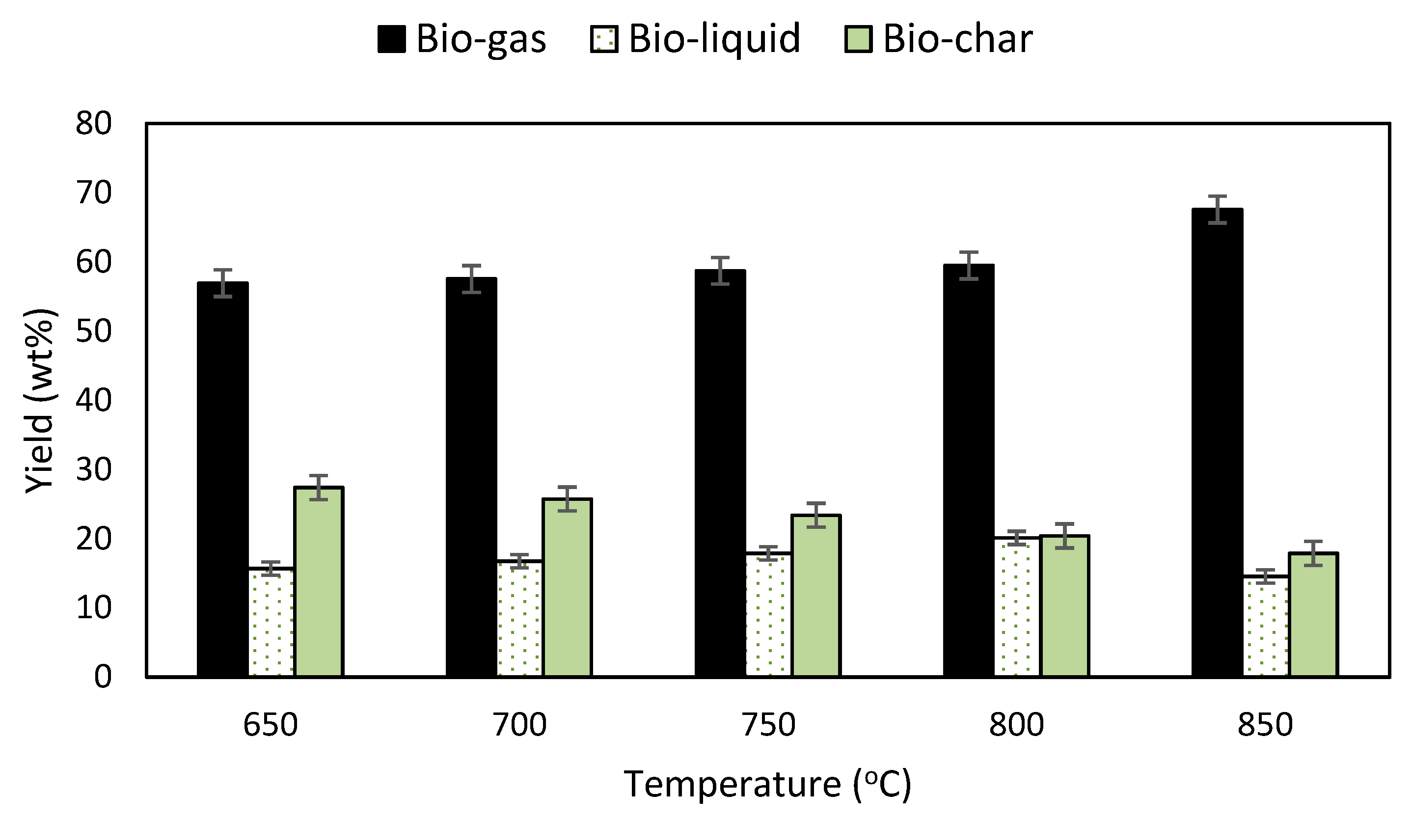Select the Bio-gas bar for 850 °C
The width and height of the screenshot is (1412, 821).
[1217, 443]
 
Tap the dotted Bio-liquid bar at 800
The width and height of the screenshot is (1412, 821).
[1016, 607]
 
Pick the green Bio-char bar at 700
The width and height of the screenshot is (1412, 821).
[567, 588]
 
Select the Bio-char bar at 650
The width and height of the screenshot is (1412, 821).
[318, 582]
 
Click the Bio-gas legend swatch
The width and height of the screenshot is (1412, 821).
[391, 40]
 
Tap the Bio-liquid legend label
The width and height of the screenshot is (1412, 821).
[714, 39]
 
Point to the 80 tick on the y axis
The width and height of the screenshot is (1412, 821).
[94, 123]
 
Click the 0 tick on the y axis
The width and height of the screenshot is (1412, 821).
[103, 677]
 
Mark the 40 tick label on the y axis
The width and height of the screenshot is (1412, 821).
[94, 400]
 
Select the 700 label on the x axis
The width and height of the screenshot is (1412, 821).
[519, 725]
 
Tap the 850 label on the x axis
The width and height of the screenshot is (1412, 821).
[1265, 725]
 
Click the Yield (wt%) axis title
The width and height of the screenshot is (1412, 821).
[40, 400]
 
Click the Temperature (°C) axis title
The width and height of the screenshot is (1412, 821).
[768, 784]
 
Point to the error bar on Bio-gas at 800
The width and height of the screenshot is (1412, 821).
[969, 266]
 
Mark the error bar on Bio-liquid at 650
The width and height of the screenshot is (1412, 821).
[271, 568]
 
